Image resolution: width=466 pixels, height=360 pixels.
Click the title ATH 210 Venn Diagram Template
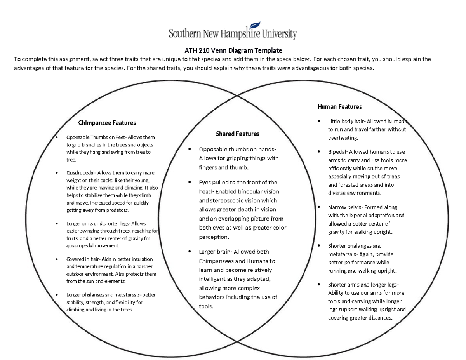[x=233, y=50]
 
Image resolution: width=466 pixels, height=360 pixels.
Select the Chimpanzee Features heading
[x=107, y=123]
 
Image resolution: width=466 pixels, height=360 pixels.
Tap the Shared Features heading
[x=237, y=134]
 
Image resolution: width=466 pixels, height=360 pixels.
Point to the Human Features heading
[x=340, y=106]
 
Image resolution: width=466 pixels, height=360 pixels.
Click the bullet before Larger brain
[x=190, y=252]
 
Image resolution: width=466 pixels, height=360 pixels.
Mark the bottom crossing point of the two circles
[x=237, y=342]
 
